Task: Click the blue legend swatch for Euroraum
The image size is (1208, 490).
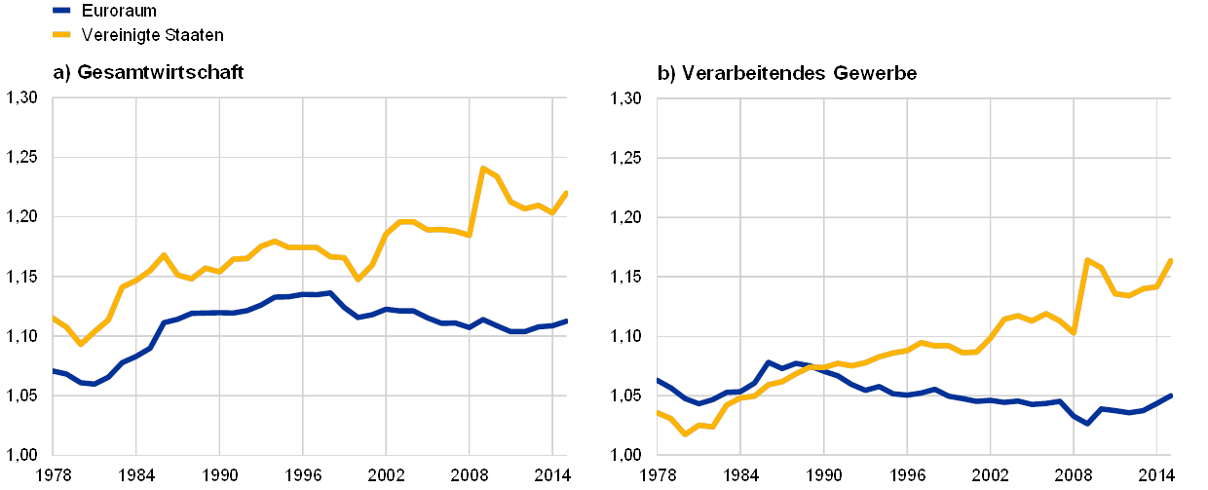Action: (61, 10)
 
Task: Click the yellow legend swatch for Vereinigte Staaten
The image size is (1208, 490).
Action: (61, 34)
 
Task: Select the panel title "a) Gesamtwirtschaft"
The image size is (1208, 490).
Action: (147, 72)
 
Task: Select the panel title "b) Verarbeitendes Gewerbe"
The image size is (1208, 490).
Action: (788, 72)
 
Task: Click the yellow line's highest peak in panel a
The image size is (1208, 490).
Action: (482, 168)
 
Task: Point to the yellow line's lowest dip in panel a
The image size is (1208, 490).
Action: (81, 344)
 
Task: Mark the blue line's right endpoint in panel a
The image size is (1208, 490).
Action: (567, 320)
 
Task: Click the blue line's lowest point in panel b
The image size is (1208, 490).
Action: (1087, 424)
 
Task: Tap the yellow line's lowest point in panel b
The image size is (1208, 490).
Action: (684, 433)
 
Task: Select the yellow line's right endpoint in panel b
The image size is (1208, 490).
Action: (1171, 259)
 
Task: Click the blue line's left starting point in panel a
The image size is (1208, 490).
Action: (53, 370)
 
